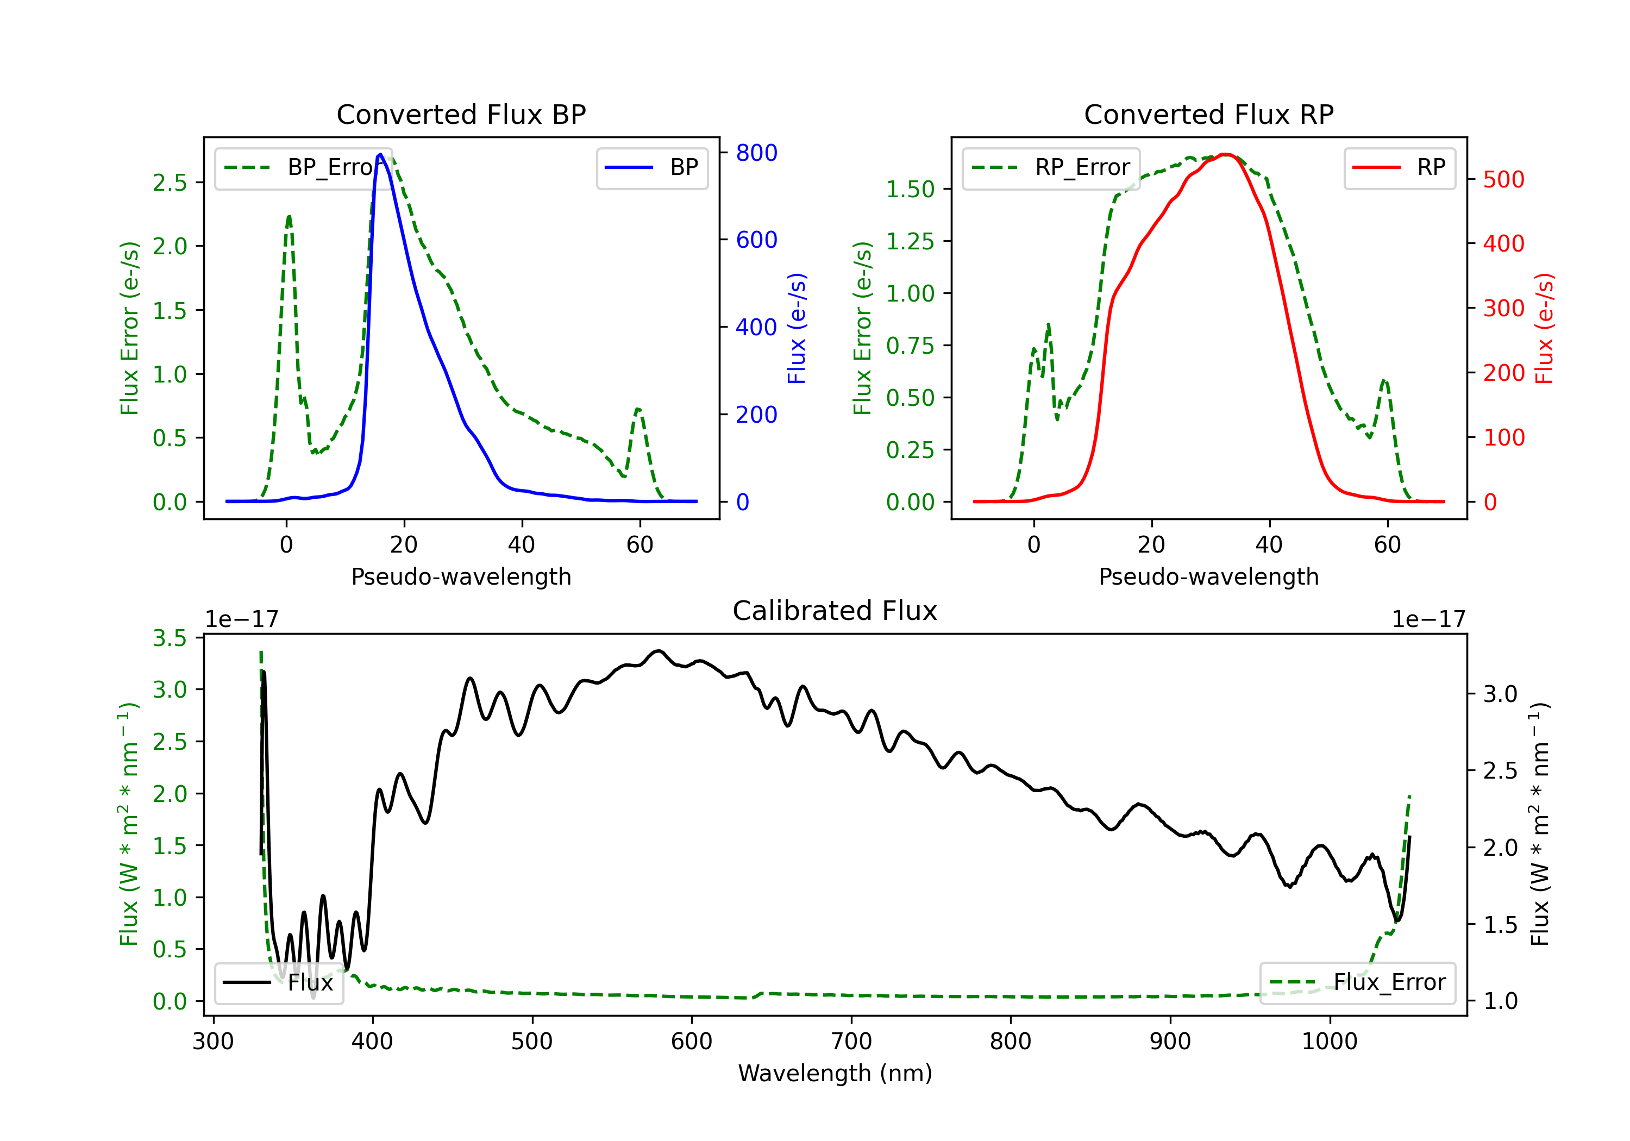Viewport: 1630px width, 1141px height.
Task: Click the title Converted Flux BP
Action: [461, 114]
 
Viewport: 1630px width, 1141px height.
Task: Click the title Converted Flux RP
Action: [1208, 114]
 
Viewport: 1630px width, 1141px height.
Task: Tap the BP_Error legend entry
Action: [304, 167]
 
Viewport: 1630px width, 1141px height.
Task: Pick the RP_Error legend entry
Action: [1051, 167]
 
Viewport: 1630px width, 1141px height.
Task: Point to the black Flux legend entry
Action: [279, 983]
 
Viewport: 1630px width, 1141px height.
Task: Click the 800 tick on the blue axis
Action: [756, 153]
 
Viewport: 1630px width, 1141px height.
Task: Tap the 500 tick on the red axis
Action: [1503, 180]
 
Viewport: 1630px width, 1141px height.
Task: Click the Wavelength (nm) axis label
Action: [835, 1073]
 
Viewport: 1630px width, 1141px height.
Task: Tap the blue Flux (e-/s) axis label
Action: [797, 328]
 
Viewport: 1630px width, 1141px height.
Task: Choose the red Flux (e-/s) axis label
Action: [1544, 328]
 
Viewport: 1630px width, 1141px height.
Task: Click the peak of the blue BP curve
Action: [380, 154]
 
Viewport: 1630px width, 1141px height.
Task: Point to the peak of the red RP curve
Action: [1225, 154]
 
